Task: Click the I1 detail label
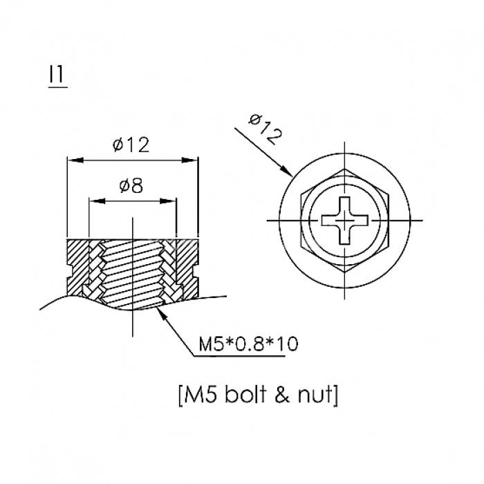coord(57,74)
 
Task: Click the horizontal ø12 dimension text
coord(131,145)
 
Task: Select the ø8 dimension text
coord(131,186)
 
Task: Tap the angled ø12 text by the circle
coord(265,129)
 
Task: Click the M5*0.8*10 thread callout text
coord(248,344)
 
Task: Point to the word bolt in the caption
coord(245,394)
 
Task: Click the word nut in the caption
coord(315,395)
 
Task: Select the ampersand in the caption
coord(282,395)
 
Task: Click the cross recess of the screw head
coord(345,221)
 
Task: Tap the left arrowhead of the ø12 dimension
coord(75,160)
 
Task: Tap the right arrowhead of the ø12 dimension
coord(189,160)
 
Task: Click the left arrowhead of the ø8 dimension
coord(97,201)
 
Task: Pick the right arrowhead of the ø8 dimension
coord(168,201)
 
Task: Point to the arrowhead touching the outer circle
coord(286,171)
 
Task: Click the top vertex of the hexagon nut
coord(345,169)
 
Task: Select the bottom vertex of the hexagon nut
coord(345,272)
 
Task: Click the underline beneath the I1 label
coord(58,87)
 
